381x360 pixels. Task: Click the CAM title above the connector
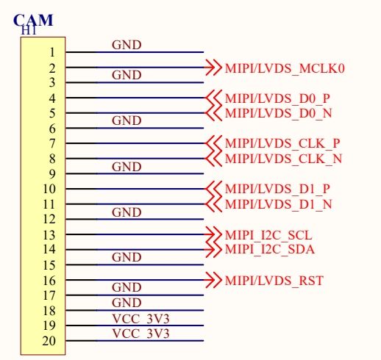point(33,20)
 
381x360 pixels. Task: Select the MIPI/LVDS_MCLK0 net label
point(285,68)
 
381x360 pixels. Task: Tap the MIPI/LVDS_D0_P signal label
point(277,98)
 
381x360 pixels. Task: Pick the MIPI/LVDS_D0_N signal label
point(279,113)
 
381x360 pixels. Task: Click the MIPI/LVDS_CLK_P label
point(282,143)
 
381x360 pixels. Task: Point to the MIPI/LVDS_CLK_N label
point(283,159)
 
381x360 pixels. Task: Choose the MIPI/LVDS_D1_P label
point(277,189)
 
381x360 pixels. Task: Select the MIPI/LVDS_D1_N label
point(279,204)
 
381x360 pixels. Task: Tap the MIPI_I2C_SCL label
point(268,235)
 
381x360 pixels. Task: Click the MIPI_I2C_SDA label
point(270,249)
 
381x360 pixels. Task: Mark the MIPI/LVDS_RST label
point(274,281)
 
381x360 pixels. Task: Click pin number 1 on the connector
point(52,52)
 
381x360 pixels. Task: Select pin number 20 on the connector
point(49,341)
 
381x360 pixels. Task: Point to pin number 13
point(49,235)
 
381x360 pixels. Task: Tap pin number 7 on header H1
point(52,143)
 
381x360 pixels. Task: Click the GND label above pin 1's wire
point(127,45)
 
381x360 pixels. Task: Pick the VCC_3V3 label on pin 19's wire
point(140,319)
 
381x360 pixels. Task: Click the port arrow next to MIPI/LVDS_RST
point(213,280)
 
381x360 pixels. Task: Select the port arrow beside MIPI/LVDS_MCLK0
point(213,67)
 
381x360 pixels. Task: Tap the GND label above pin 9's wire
point(127,167)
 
